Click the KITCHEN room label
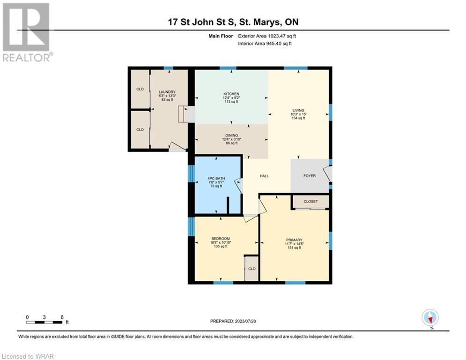tap(231, 94)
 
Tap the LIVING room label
tap(298, 110)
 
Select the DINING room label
tap(231, 135)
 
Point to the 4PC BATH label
tap(216, 179)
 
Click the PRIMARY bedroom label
tap(294, 240)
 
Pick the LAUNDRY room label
tap(167, 92)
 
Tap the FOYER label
tap(310, 176)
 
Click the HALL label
tap(264, 176)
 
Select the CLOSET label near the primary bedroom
tap(311, 202)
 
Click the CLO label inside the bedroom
tap(251, 269)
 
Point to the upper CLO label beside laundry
tap(140, 89)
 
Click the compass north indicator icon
tap(430, 317)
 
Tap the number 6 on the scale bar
tap(62, 317)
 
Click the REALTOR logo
tap(28, 32)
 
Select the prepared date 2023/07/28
tap(245, 321)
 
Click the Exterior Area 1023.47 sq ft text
tap(267, 36)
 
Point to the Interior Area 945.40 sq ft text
tap(265, 44)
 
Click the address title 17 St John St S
tap(202, 22)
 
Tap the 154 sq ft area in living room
tap(298, 118)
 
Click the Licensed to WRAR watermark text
tap(28, 356)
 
